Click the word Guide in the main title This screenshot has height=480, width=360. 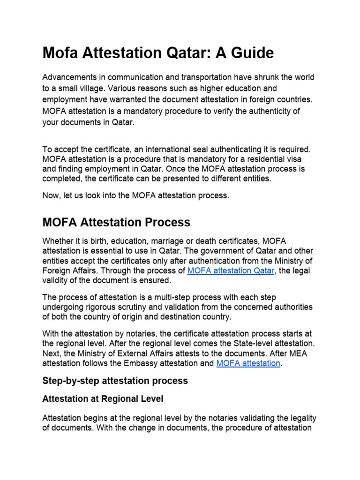[251, 53]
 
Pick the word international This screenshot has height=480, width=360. [167, 150]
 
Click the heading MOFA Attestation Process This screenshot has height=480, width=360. [116, 222]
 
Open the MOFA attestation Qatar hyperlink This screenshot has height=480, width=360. [230, 271]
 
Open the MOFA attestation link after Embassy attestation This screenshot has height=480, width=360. [248, 363]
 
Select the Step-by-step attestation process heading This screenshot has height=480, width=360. [115, 381]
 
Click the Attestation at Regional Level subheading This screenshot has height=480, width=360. [103, 399]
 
